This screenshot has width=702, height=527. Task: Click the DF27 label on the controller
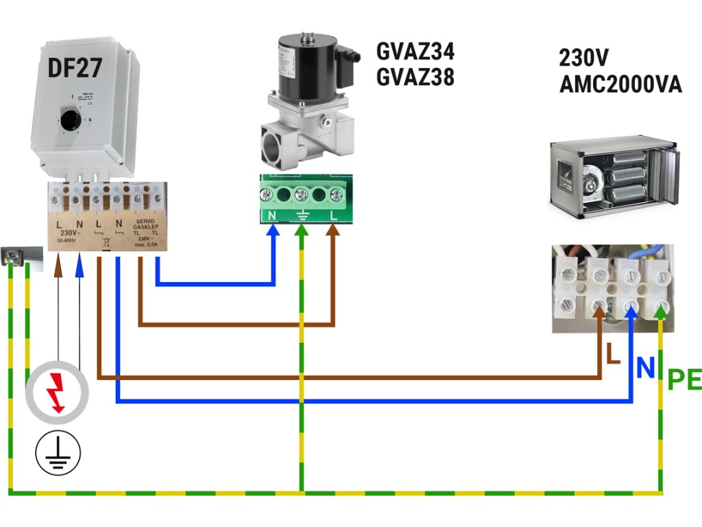tap(75, 68)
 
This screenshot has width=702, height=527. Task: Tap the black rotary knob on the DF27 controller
tap(70, 122)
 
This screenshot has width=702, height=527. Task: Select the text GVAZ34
tap(415, 51)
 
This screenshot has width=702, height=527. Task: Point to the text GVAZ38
tap(415, 78)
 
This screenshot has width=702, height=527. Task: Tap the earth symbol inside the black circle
tap(58, 453)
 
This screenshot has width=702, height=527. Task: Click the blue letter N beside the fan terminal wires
tap(644, 368)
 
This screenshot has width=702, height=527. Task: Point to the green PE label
tap(683, 379)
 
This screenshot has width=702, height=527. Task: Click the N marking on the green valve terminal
tap(272, 215)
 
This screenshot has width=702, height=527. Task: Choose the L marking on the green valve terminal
tap(335, 215)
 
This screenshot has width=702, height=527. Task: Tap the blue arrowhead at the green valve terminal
tap(274, 231)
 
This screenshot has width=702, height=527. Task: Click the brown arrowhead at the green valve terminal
tap(334, 231)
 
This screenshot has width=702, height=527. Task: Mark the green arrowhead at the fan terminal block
tap(660, 312)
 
